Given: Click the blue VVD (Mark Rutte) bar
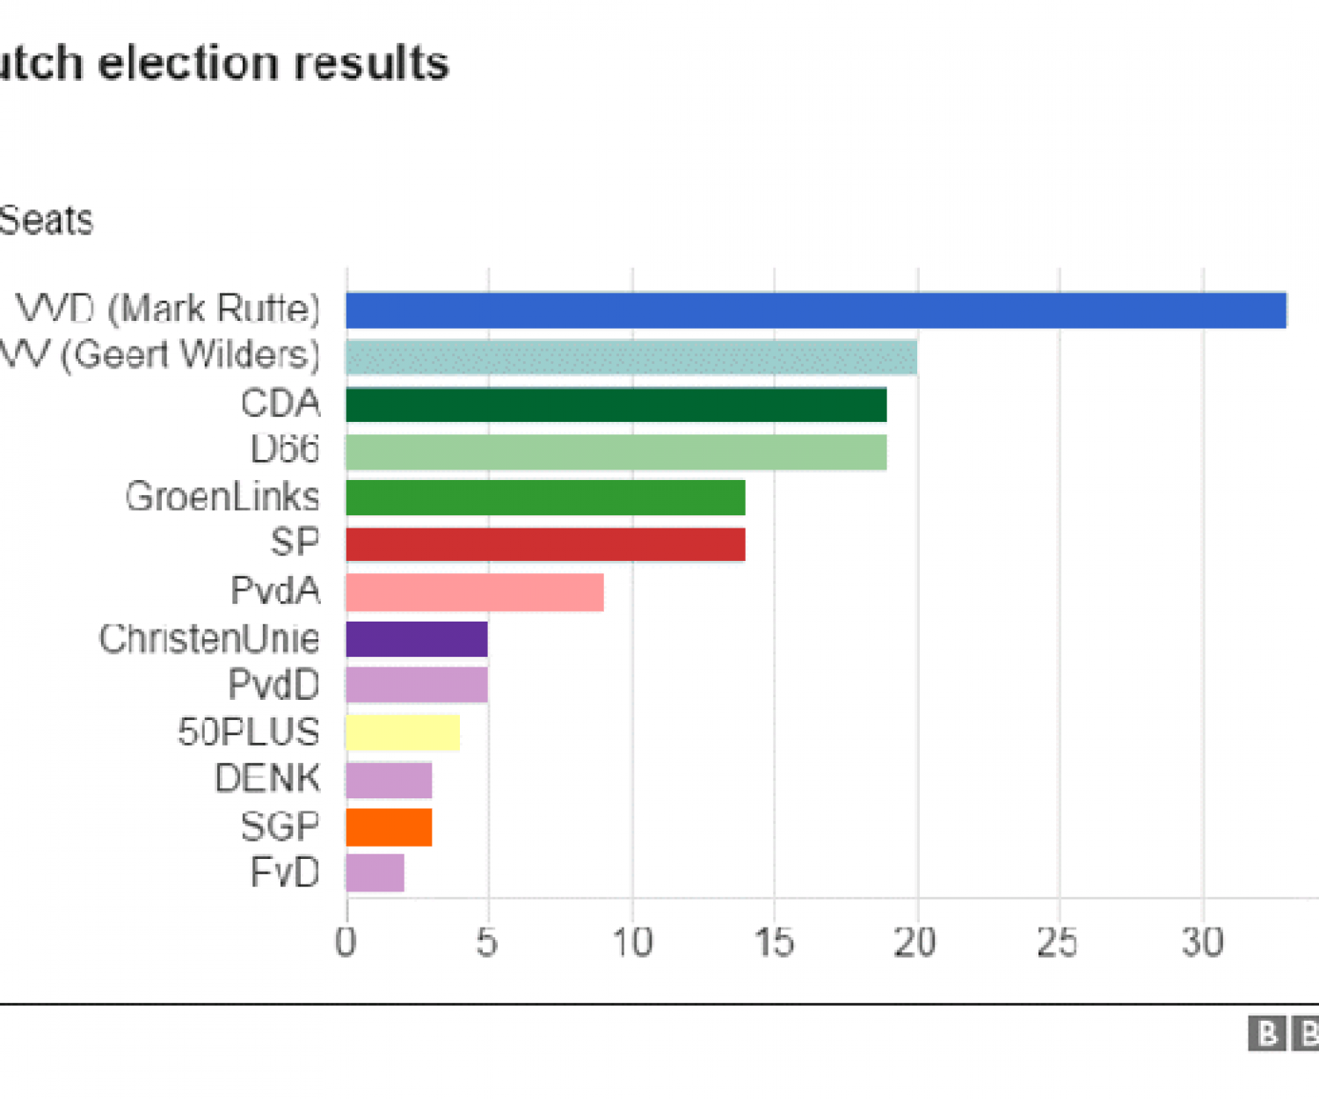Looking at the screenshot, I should [x=816, y=310].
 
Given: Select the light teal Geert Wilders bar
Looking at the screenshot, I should [x=631, y=358].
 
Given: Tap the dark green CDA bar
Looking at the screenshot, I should [x=616, y=405].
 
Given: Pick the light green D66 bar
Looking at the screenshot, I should [x=616, y=452].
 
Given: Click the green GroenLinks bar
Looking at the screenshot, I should [x=545, y=498].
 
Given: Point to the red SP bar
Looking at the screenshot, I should [x=545, y=544].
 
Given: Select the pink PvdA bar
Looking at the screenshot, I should [x=475, y=592].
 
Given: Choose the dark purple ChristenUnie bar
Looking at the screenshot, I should [x=417, y=639].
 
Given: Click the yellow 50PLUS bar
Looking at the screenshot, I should [x=403, y=732].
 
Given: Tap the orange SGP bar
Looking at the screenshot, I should [x=389, y=826].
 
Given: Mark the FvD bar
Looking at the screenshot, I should [x=375, y=873].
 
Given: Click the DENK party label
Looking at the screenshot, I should [x=267, y=779].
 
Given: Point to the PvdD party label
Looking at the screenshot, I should [x=273, y=686].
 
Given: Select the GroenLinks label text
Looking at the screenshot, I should [x=222, y=498].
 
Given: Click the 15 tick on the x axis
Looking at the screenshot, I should [x=774, y=943].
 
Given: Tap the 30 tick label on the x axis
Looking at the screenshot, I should [x=1202, y=943].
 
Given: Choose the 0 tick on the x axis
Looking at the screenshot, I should [x=346, y=943].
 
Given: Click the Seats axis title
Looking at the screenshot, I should [x=46, y=220].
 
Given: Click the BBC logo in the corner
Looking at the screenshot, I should [x=1284, y=1034].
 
